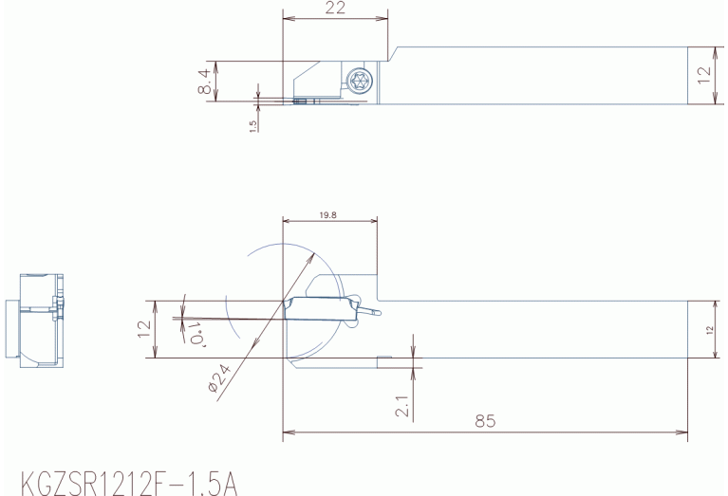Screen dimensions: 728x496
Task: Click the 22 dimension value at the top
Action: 335,8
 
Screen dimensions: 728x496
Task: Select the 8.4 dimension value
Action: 205,82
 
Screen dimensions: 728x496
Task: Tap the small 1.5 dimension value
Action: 253,127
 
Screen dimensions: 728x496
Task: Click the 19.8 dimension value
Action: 327,215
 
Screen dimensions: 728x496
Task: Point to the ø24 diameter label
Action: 219,377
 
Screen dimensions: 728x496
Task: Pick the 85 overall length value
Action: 485,421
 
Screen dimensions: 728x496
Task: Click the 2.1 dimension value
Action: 403,407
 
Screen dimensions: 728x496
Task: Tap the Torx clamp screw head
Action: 361,81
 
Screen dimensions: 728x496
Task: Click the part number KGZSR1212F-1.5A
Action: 129,484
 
